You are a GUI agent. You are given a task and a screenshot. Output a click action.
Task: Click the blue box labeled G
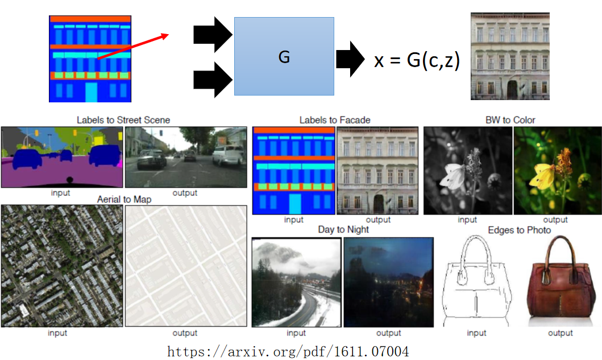pyautogui.click(x=284, y=56)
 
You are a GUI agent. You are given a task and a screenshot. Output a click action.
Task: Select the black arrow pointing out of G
pyautogui.click(x=350, y=59)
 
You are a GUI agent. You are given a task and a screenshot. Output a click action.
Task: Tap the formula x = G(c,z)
pyautogui.click(x=417, y=60)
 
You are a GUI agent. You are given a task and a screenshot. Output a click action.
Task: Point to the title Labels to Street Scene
pyautogui.click(x=123, y=120)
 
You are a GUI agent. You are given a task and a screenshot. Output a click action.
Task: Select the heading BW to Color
pyautogui.click(x=510, y=120)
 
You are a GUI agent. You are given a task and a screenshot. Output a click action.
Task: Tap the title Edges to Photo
pyautogui.click(x=519, y=230)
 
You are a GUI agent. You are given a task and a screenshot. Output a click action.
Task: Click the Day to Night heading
pyautogui.click(x=343, y=229)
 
